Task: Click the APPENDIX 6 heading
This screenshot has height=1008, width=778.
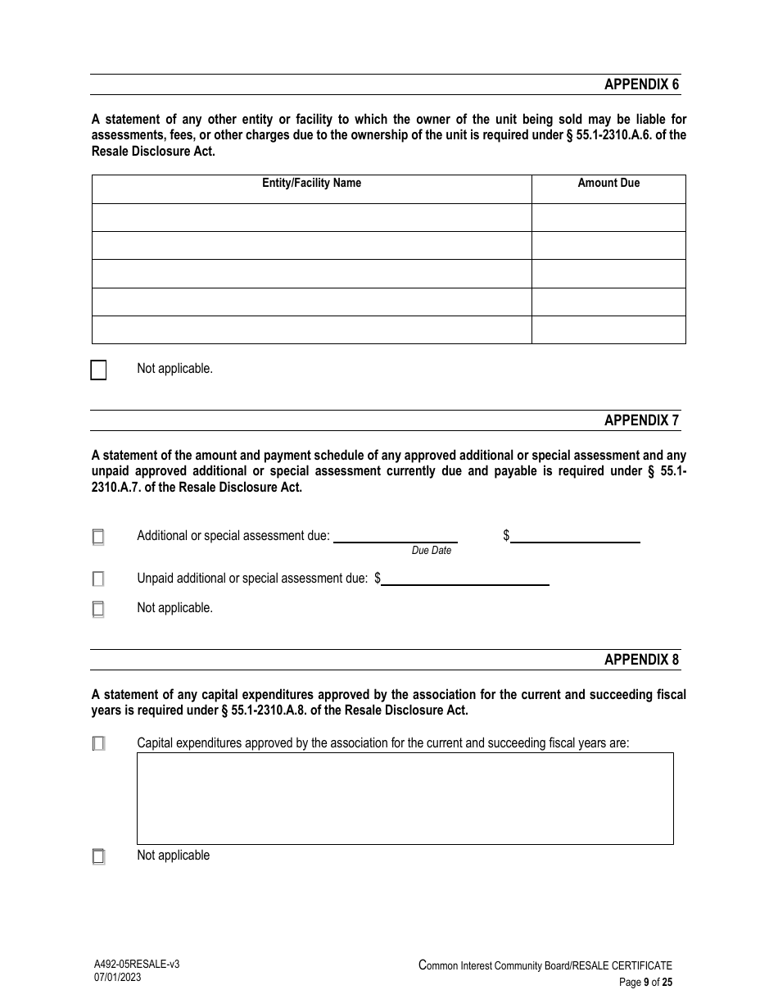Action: (641, 84)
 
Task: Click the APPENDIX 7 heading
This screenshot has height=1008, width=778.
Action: (641, 420)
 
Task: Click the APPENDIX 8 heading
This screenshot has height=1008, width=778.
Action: (641, 660)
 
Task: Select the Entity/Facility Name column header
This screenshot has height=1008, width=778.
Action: (311, 183)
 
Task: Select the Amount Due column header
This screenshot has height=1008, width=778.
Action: (608, 183)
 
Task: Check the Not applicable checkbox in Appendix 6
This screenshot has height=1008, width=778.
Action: (98, 370)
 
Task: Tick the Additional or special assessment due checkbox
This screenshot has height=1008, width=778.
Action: (98, 538)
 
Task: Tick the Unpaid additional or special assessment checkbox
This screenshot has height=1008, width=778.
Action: (98, 579)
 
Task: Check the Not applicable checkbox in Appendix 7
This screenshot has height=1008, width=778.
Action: (98, 609)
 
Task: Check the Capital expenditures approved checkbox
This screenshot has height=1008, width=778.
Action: (98, 744)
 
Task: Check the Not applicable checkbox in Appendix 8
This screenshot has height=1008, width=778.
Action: (98, 857)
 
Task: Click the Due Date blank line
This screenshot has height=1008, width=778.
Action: (395, 536)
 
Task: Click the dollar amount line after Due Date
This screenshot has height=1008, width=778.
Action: (575, 536)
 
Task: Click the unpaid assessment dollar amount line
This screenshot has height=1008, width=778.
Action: (464, 579)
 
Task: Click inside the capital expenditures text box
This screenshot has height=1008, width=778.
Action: (405, 798)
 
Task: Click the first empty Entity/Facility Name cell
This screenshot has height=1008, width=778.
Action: (311, 217)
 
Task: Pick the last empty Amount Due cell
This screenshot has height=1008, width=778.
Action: (608, 329)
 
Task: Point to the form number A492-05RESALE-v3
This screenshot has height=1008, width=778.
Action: (136, 965)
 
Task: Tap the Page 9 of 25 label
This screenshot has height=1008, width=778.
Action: (645, 983)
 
